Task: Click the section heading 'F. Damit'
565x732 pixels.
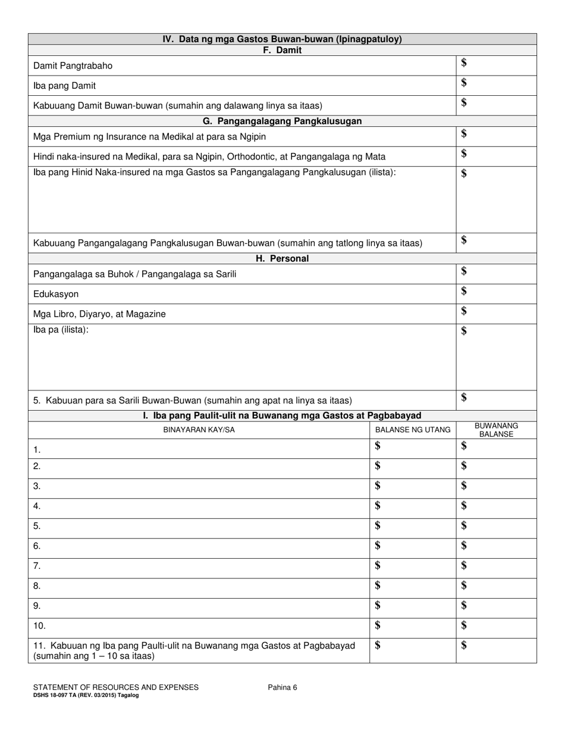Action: pos(282,51)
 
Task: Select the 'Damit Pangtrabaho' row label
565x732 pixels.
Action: pos(73,66)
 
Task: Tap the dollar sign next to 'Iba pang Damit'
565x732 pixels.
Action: pos(464,83)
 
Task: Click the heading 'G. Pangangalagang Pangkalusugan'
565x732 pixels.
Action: pos(282,121)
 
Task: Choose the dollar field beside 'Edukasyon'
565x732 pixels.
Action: pos(464,292)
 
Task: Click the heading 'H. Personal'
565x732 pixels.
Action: pos(282,259)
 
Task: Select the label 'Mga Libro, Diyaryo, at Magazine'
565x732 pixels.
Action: pos(99,314)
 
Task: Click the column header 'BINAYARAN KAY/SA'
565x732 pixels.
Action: pos(199,430)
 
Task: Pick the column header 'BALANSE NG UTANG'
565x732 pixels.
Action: pos(413,430)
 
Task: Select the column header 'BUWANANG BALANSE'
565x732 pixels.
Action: pos(496,430)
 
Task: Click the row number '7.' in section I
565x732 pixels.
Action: pos(37,566)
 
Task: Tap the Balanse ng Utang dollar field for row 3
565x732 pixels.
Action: pos(378,486)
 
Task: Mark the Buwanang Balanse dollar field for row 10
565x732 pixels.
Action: pos(464,625)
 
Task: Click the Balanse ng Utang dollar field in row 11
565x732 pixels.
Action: pos(378,646)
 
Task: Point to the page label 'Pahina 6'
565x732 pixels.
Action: pos(282,687)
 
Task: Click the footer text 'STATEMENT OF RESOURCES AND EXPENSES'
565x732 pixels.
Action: pos(116,687)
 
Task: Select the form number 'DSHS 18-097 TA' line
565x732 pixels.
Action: pos(86,695)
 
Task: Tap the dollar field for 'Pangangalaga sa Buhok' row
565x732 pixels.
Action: pos(464,272)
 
